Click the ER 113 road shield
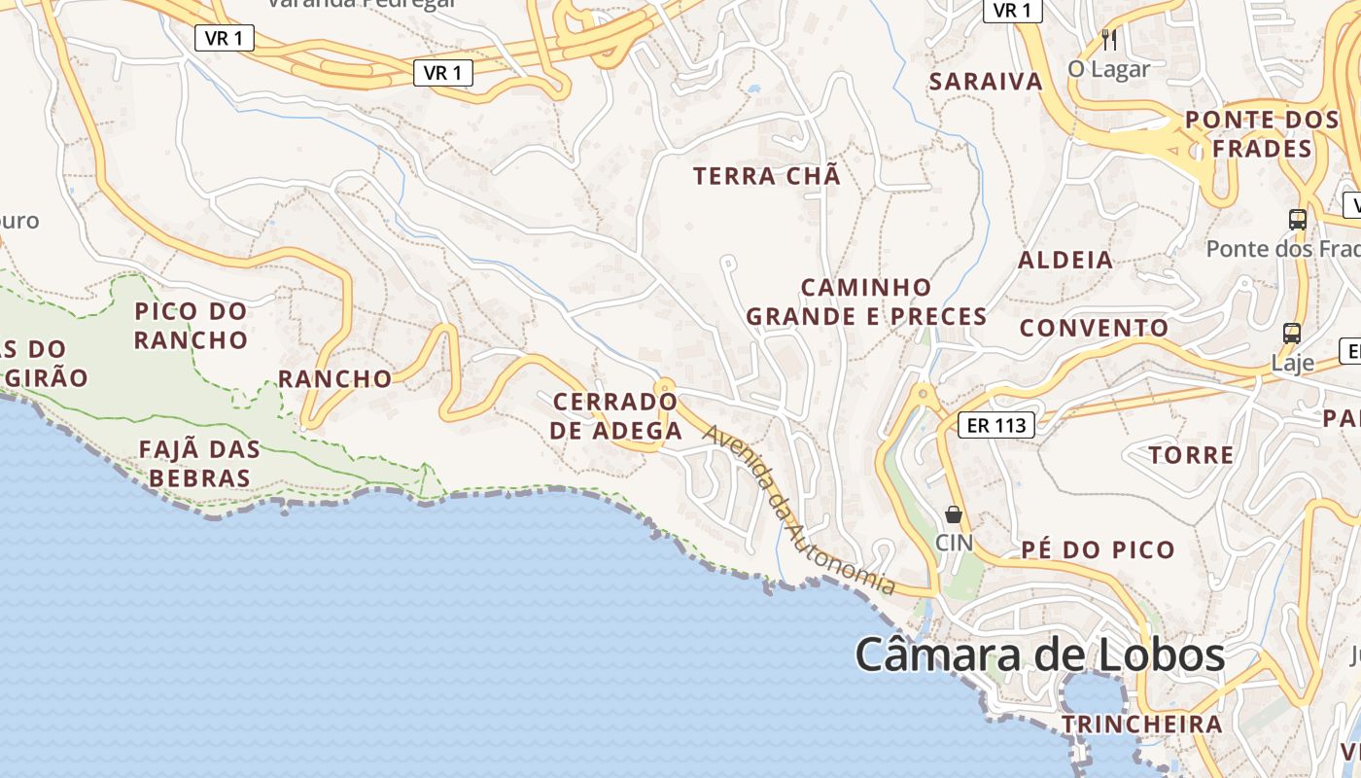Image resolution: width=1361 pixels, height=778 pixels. (x=996, y=425)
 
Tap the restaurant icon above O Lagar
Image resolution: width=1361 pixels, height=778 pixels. (x=1109, y=40)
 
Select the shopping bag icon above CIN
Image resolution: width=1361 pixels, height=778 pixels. (x=954, y=514)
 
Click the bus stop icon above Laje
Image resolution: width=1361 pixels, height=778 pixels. (x=1292, y=334)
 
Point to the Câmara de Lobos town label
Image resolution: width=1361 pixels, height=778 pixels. (x=1039, y=654)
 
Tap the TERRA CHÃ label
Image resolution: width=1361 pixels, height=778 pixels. (x=767, y=176)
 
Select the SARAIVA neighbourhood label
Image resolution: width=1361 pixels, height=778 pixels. (x=986, y=82)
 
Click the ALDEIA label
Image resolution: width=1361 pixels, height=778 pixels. (x=1065, y=260)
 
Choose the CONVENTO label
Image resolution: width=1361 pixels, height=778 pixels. (x=1094, y=328)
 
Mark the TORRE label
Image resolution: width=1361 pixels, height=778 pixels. (x=1191, y=455)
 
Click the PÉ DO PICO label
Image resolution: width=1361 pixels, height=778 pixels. (x=1099, y=549)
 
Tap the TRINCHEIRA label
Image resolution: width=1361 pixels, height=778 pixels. (x=1141, y=724)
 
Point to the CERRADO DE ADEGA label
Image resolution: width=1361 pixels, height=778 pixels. (x=615, y=415)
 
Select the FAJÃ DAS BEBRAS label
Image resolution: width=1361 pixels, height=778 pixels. (x=200, y=463)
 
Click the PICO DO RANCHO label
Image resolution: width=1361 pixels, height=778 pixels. (x=191, y=326)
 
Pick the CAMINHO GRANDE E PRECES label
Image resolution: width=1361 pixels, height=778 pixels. (x=866, y=301)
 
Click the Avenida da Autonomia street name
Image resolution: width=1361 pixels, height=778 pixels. (x=799, y=512)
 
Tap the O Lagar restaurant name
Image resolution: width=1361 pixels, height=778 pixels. (x=1108, y=69)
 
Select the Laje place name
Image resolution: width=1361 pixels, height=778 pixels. (x=1293, y=363)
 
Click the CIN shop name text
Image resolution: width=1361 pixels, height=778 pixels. (x=954, y=542)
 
